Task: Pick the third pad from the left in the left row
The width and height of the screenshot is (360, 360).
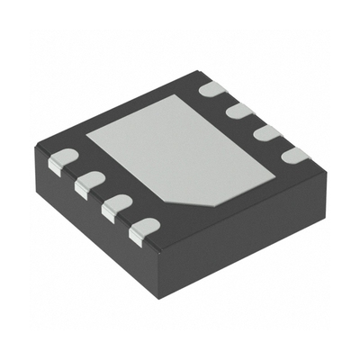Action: click(x=114, y=209)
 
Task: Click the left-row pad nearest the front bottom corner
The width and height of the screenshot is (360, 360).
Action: click(x=142, y=232)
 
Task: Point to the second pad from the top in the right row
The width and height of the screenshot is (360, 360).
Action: click(x=238, y=111)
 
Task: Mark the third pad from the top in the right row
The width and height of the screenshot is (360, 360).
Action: click(x=265, y=133)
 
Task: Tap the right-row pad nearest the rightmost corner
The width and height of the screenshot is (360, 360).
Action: click(x=292, y=155)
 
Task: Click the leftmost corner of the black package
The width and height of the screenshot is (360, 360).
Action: click(x=33, y=150)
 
